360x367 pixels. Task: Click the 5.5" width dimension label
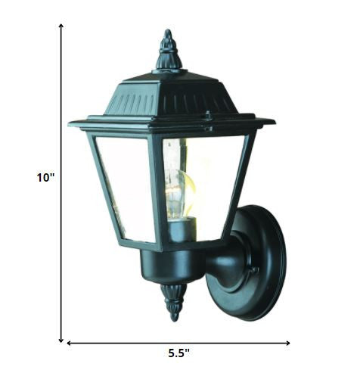(x=178, y=353)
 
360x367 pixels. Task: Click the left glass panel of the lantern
(x=125, y=185)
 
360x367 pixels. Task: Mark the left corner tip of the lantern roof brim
(x=70, y=123)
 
